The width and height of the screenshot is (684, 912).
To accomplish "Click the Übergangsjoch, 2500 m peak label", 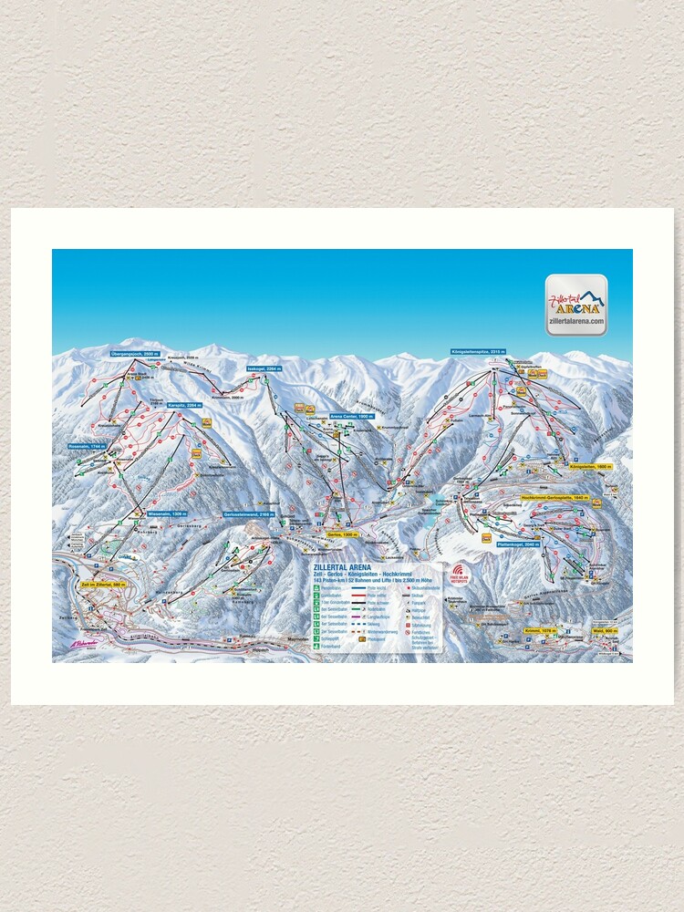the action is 134,353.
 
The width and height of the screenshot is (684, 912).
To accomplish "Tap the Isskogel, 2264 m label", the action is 264,368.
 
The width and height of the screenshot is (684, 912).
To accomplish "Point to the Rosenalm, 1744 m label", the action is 88,446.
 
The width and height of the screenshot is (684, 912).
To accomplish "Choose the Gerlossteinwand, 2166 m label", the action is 249,514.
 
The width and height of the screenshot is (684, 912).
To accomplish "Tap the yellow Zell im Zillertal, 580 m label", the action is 102,584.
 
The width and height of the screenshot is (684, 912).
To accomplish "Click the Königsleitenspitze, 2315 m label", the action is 478,351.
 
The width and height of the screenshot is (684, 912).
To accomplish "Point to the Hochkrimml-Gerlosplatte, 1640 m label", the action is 555,498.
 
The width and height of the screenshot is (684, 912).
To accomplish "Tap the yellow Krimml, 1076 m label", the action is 541,630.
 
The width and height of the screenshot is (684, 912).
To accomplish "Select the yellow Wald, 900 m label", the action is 604,630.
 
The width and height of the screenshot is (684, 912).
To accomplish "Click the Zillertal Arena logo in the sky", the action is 576,306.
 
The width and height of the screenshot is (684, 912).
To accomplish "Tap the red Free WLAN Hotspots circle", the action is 457,571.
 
